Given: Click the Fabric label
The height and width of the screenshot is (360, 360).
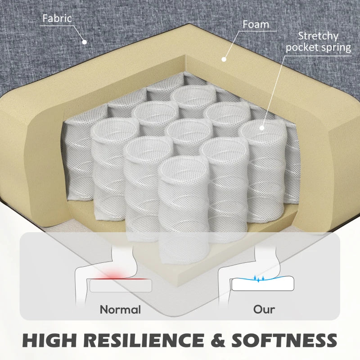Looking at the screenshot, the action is click(x=57, y=18).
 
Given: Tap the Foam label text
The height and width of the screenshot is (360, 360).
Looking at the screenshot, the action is click(x=256, y=24).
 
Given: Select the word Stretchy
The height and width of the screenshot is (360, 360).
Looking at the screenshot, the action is click(x=318, y=36).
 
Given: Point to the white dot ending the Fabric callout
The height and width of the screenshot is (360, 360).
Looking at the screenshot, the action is click(x=85, y=42).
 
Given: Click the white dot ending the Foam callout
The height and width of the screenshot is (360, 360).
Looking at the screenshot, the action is click(x=224, y=59).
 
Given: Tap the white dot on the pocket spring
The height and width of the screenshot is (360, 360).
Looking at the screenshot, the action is click(x=262, y=128).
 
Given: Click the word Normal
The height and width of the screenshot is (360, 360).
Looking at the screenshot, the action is click(x=120, y=310).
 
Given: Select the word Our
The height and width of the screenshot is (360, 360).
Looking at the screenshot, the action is click(x=264, y=310).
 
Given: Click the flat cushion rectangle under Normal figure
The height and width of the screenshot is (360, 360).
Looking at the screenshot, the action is click(x=121, y=286).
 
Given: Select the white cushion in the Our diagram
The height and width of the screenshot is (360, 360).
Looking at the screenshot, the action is click(x=263, y=284).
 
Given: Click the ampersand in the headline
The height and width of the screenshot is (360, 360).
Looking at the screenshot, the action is click(x=218, y=340).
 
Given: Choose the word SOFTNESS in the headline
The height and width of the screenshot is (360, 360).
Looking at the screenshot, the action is click(x=284, y=340).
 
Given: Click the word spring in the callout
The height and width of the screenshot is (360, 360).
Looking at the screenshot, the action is click(x=338, y=48).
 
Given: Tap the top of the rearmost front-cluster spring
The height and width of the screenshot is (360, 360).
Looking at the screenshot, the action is click(x=194, y=95).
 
